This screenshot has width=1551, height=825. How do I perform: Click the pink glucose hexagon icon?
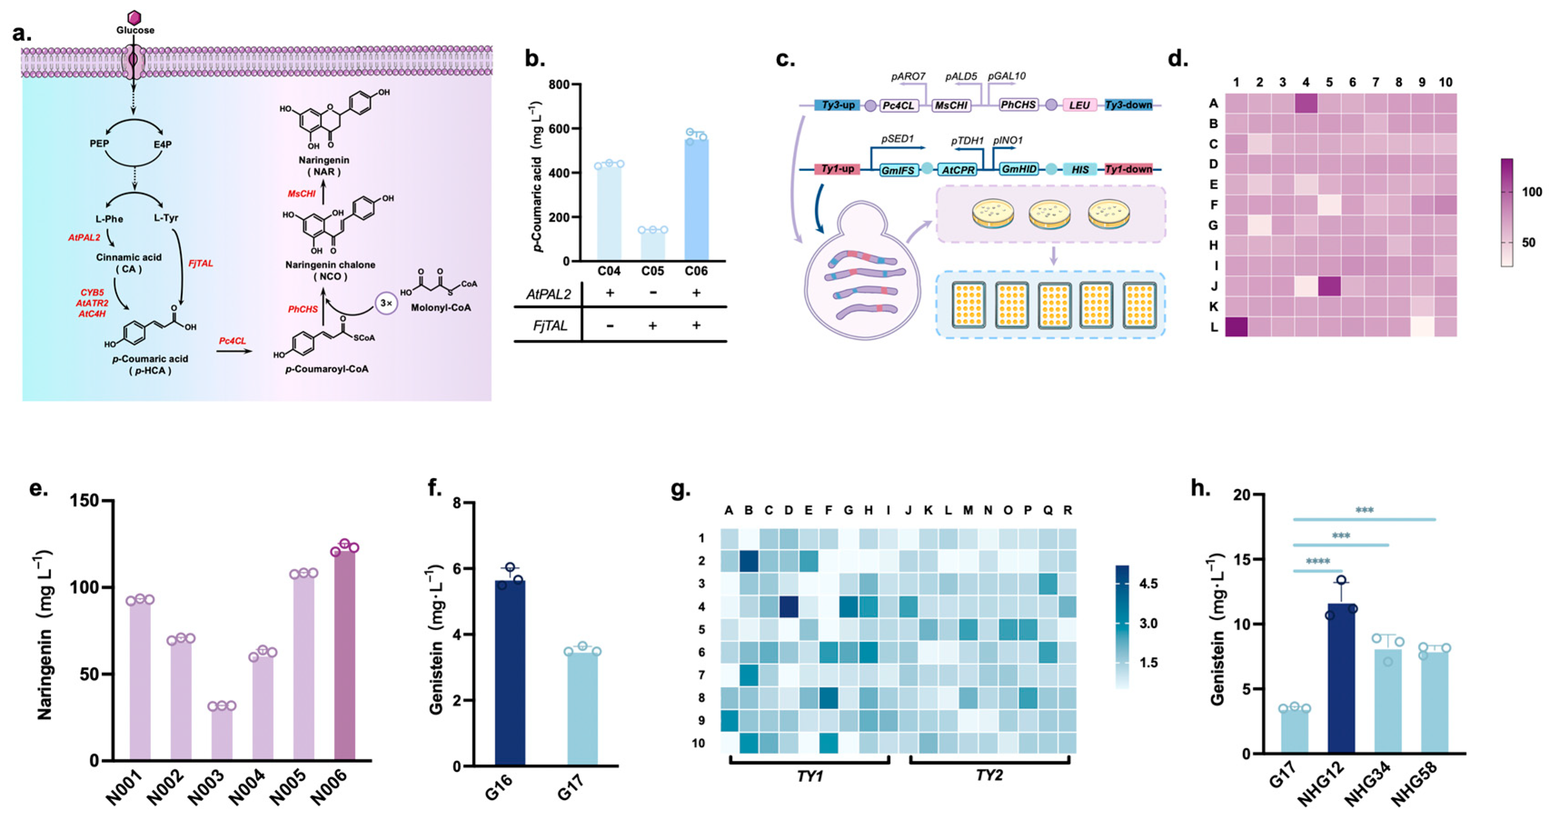click(135, 17)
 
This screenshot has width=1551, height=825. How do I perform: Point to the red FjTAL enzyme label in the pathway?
click(200, 263)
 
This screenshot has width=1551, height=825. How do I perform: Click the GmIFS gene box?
click(898, 170)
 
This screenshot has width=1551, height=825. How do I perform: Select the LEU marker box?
click(1080, 105)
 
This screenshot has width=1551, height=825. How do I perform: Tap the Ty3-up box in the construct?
click(838, 105)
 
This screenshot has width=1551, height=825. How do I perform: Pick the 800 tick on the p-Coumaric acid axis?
click(559, 84)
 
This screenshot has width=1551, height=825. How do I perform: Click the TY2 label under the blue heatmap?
click(989, 776)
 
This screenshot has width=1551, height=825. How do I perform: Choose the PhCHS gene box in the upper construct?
click(1018, 105)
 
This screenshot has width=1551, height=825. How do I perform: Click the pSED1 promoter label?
click(897, 139)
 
